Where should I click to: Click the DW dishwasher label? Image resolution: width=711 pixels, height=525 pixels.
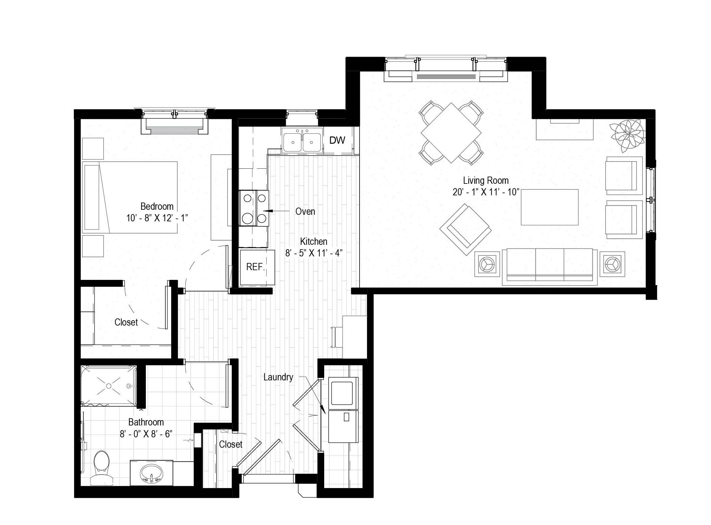pos(337,140)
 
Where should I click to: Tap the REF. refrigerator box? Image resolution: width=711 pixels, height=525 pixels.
pos(257,268)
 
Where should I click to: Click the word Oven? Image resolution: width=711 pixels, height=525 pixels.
pos(305,211)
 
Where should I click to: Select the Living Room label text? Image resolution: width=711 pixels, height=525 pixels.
pos(486,181)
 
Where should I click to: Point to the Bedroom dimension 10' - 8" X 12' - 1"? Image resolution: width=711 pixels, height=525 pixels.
pos(157,218)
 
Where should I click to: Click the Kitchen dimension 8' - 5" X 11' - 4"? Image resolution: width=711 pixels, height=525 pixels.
pos(314,253)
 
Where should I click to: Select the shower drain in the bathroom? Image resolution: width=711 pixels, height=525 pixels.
pos(109,386)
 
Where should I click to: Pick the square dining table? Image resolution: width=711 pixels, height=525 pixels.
pos(451,132)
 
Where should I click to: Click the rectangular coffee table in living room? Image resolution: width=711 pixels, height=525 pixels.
pos(550,207)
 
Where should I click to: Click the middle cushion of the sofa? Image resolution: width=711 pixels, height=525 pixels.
pos(550,265)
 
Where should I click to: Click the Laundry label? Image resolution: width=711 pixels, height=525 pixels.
pos(278,377)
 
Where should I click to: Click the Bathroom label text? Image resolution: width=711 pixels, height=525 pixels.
pos(146,422)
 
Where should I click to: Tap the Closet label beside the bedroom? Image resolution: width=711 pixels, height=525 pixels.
pos(126,322)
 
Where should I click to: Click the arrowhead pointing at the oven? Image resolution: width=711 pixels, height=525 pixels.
pos(268,211)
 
